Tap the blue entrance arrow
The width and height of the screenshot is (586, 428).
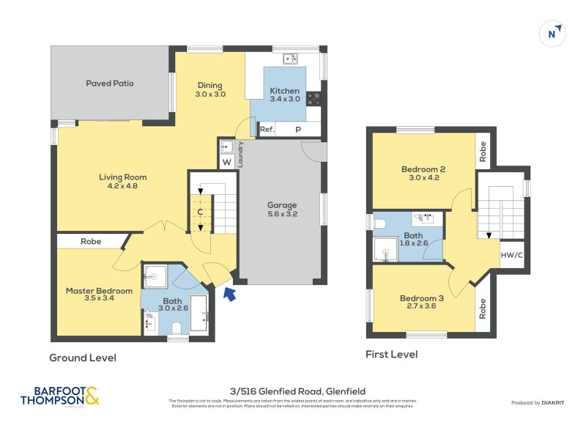230,295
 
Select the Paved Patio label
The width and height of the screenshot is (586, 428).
110,84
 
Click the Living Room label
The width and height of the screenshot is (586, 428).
123,177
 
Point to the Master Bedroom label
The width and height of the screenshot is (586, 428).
99,291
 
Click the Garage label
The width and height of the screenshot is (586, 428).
282,205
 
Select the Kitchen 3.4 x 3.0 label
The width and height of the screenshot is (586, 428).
285,91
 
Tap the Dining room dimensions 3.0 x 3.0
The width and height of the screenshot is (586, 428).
210,95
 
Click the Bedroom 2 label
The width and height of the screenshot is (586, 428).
423,169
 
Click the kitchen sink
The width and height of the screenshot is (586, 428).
290,58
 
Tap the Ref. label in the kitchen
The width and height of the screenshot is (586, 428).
267,130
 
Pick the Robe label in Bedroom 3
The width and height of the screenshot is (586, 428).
483,309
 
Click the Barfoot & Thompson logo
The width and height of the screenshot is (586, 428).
59,396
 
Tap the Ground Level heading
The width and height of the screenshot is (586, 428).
82,358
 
